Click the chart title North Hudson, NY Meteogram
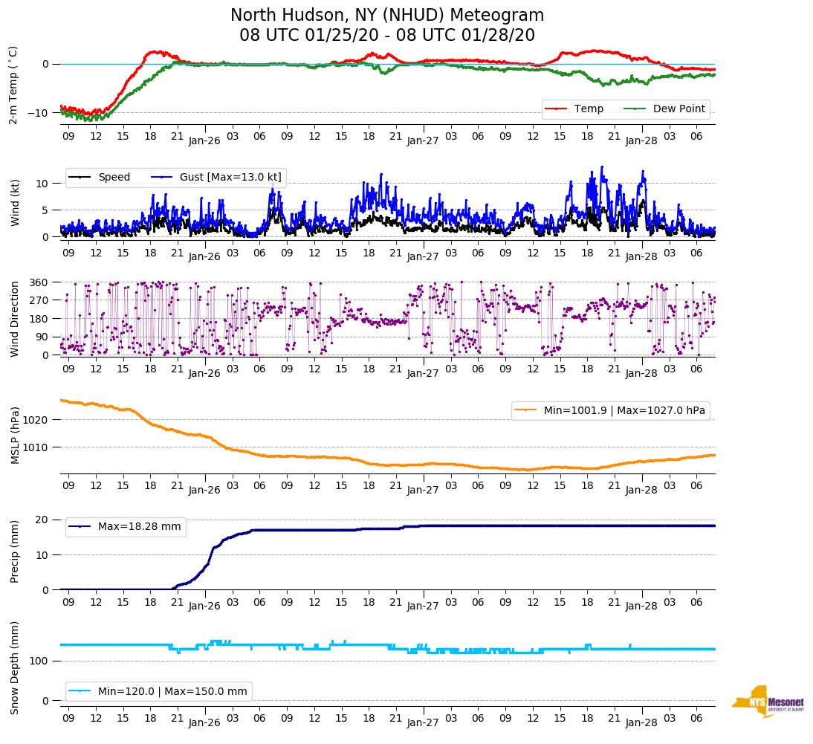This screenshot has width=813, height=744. click(x=386, y=16)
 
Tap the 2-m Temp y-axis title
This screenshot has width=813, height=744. click(x=13, y=85)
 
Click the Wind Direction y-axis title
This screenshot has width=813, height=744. click(x=14, y=318)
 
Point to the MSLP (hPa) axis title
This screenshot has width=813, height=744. click(x=14, y=436)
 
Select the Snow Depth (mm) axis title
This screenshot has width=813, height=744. click(x=14, y=667)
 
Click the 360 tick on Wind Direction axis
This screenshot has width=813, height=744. click(x=39, y=282)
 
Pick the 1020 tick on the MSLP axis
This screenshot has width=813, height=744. click(x=36, y=420)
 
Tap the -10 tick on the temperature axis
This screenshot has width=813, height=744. click(x=40, y=113)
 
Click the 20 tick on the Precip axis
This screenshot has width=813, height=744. click(x=43, y=520)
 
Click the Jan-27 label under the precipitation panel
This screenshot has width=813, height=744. click(x=424, y=606)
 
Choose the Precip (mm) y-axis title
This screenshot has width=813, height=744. click(x=14, y=551)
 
